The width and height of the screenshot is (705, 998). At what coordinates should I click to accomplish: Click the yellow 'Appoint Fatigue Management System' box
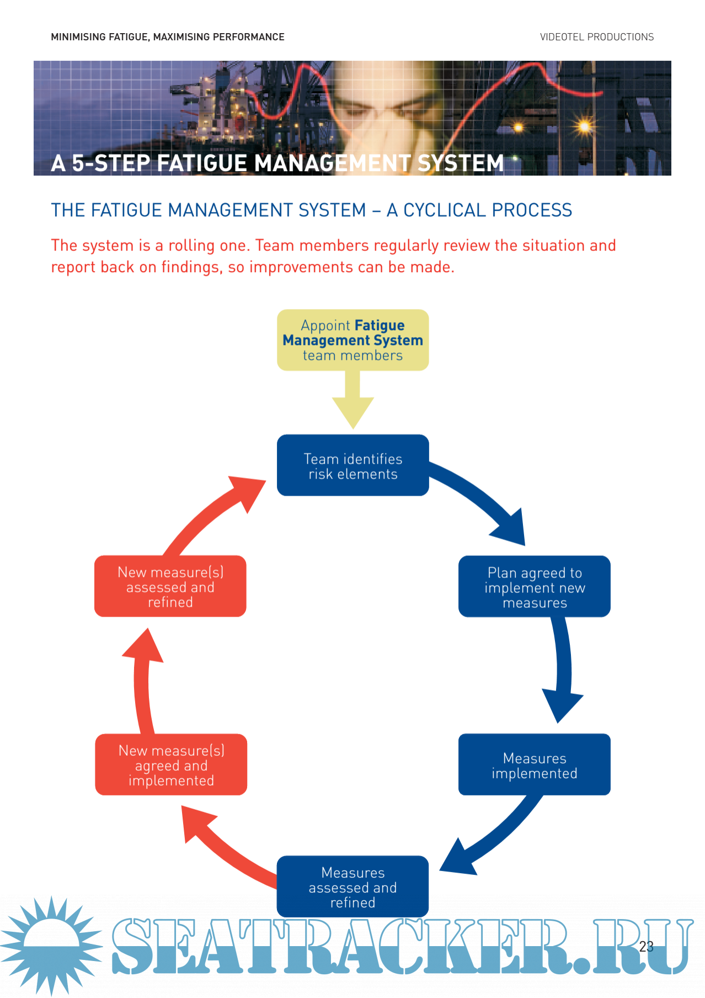click(x=352, y=340)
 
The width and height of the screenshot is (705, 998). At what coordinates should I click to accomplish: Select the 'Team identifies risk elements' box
click(x=352, y=465)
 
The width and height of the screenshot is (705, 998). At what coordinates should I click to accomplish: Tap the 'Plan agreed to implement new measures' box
click(x=534, y=587)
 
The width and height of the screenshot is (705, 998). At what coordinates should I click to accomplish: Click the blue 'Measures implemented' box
click(x=534, y=765)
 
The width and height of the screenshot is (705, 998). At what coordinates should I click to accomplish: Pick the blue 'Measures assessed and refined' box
click(x=352, y=886)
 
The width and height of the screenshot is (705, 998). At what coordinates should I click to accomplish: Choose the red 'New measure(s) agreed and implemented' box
click(x=171, y=765)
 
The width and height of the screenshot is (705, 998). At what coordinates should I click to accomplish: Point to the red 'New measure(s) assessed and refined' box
click(x=170, y=587)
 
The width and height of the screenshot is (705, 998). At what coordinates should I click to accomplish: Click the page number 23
click(x=646, y=947)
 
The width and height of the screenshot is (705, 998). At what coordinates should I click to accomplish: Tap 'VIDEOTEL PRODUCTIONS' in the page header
click(x=596, y=37)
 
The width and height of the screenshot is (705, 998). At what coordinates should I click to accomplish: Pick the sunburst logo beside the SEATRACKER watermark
click(x=51, y=946)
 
